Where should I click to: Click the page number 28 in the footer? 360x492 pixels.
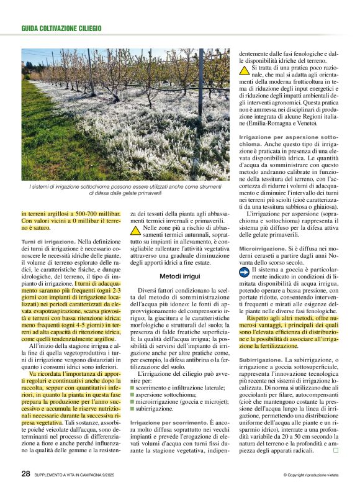(25, 473)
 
